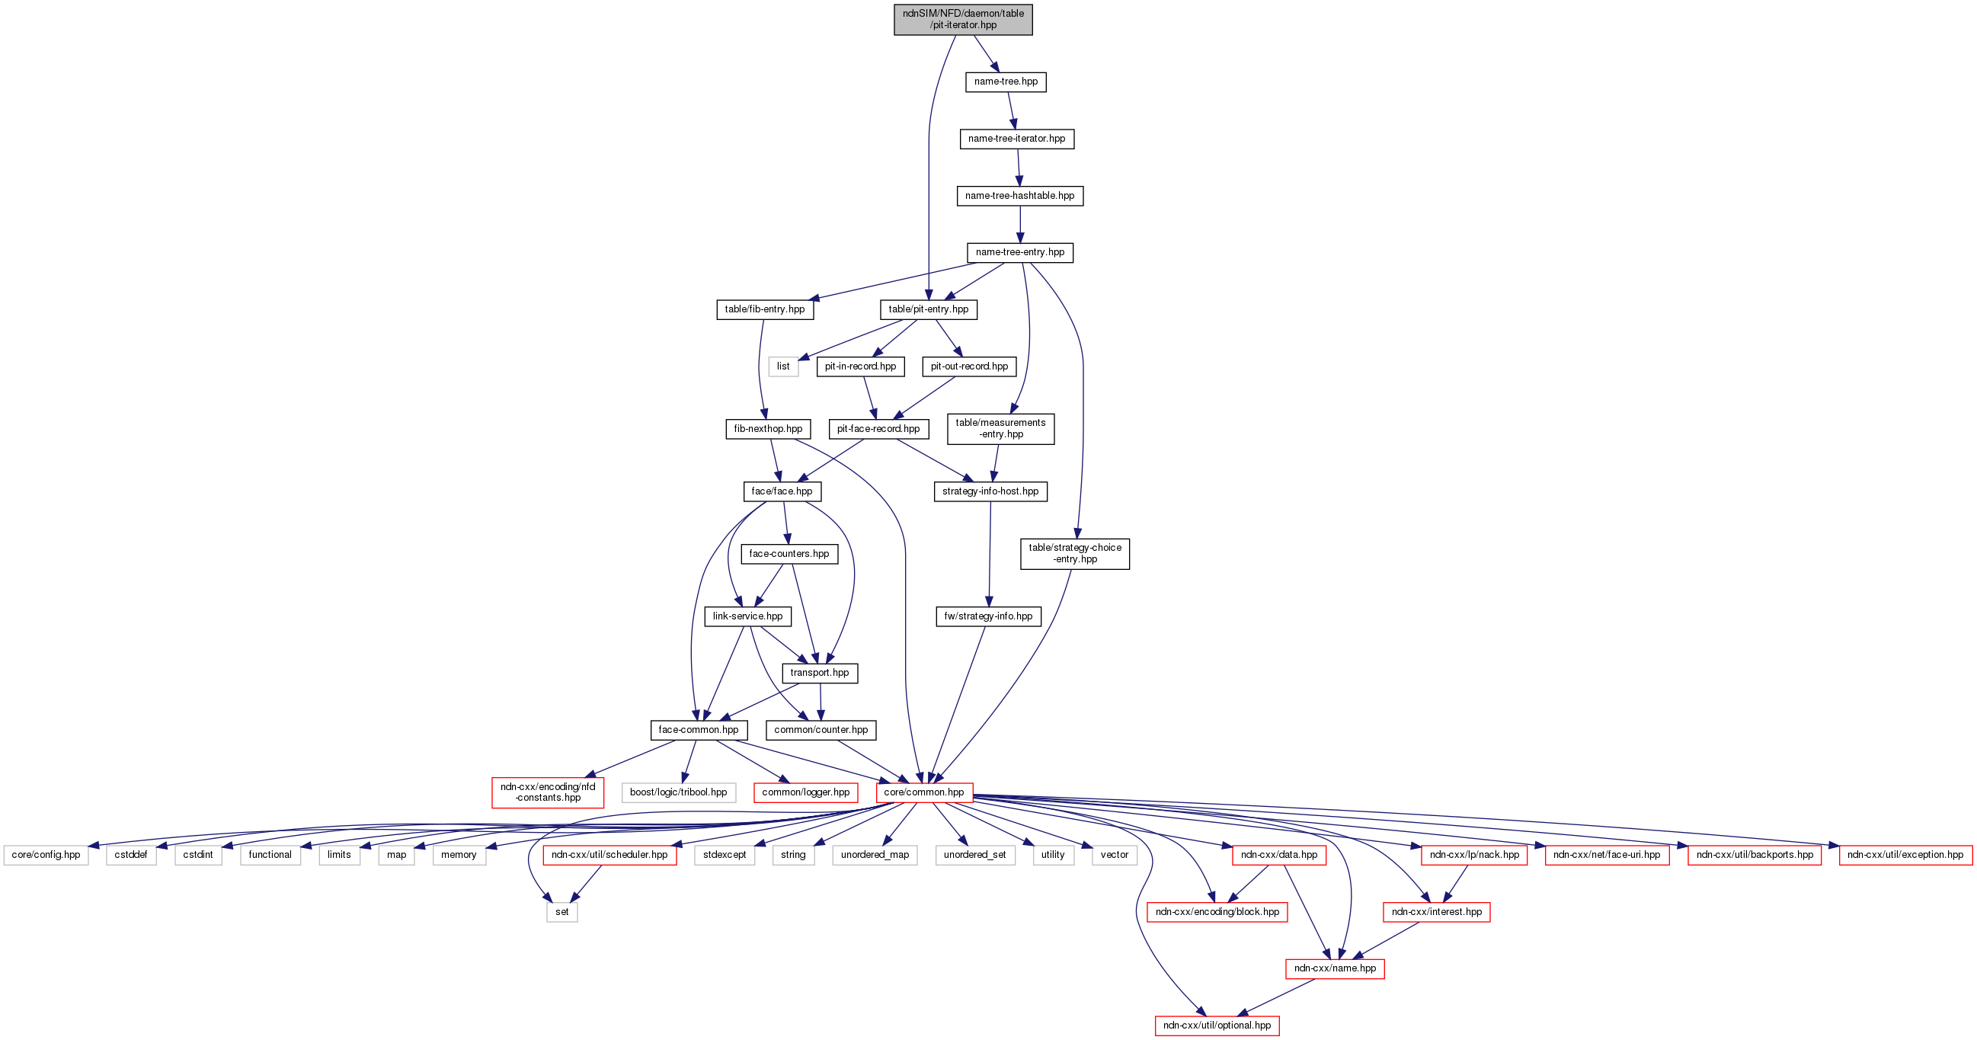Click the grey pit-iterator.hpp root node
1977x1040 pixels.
(962, 19)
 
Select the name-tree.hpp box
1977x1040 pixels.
(1006, 82)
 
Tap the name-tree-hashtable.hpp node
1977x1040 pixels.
(1019, 196)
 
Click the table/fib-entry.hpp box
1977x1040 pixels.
(764, 309)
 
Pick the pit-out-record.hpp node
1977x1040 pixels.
(968, 366)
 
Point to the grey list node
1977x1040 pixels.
(783, 366)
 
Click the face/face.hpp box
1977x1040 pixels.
(782, 491)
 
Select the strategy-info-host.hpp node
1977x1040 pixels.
(990, 491)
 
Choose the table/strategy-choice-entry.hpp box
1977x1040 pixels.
(1074, 553)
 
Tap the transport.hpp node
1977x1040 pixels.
(820, 673)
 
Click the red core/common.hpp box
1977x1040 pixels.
(924, 792)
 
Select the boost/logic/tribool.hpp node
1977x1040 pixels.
(679, 792)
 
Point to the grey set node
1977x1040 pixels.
(561, 912)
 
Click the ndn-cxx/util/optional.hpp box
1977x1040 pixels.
(1217, 1026)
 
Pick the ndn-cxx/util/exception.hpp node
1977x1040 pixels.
(1905, 854)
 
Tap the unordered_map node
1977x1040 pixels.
(874, 854)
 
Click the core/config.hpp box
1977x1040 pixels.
(46, 854)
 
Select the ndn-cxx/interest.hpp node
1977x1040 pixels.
(1436, 912)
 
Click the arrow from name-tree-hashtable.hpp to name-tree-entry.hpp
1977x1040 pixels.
(1020, 224)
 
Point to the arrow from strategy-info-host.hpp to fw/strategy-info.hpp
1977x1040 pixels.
(990, 553)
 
